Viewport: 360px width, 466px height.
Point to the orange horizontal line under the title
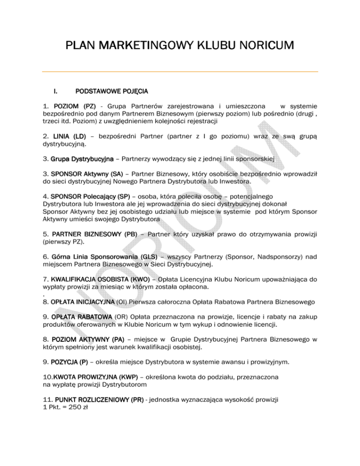click(180, 72)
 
